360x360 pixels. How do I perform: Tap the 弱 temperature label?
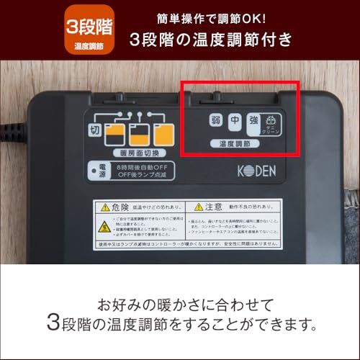(x=215, y=122)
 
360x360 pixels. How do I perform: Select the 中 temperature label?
(x=233, y=122)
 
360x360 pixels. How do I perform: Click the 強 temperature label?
(x=253, y=122)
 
